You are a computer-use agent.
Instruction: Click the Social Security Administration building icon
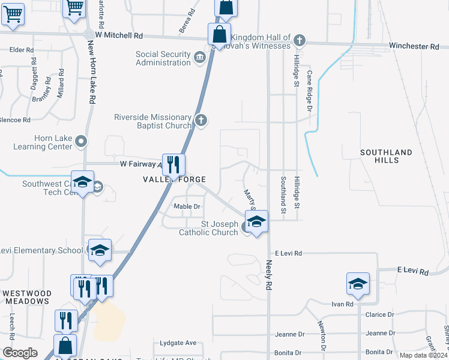point(200,56)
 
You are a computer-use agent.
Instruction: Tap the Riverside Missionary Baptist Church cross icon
point(201,121)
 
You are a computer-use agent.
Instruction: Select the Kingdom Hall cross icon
point(300,41)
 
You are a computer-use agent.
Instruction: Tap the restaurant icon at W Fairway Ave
point(173,165)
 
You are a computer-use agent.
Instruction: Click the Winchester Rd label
point(414,46)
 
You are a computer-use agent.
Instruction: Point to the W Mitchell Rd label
point(121,35)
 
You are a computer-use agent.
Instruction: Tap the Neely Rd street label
point(265,274)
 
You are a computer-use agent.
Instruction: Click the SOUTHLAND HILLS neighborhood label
point(386,157)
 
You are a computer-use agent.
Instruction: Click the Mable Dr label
point(186,206)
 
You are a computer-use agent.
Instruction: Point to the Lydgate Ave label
point(178,343)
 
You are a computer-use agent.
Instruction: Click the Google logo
point(20,353)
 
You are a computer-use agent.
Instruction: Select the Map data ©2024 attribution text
point(423,355)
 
